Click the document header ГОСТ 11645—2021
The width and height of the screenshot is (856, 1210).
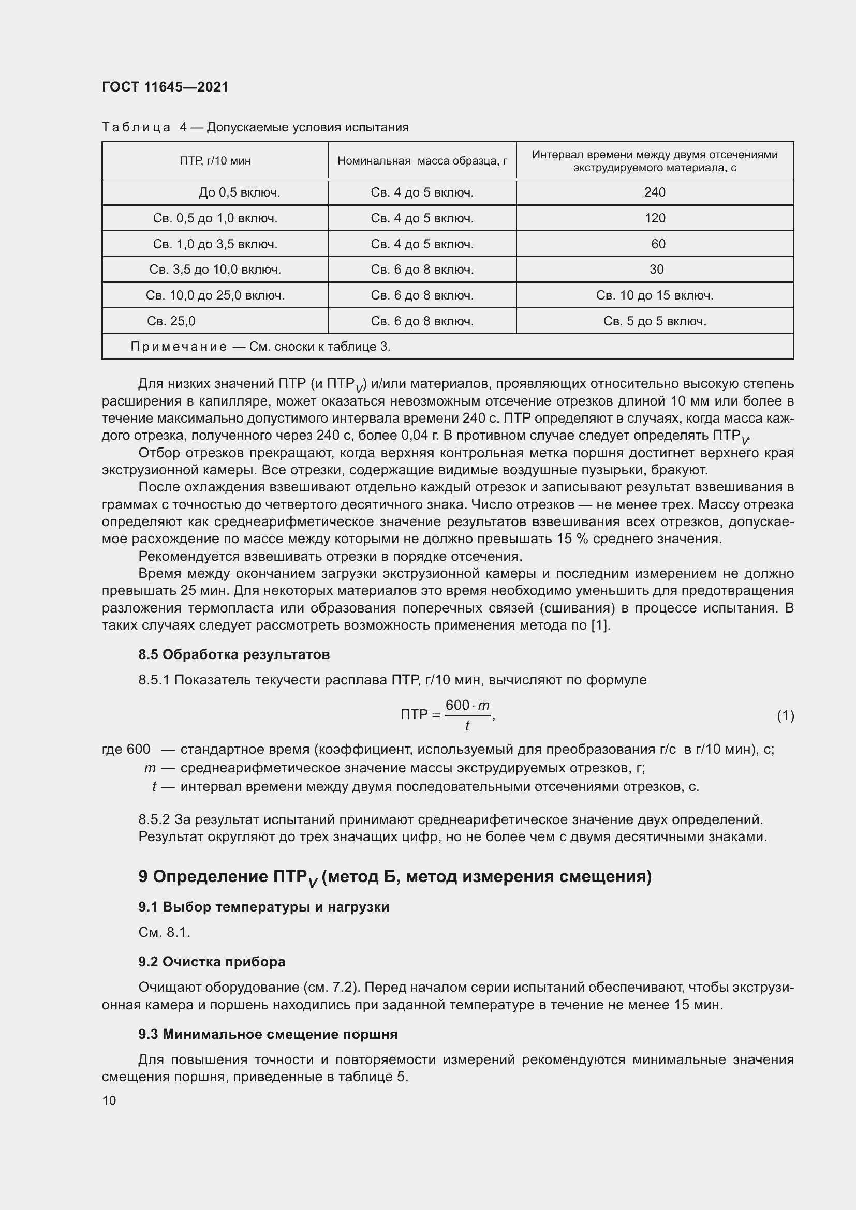(165, 87)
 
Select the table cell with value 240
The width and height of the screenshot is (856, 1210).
(655, 192)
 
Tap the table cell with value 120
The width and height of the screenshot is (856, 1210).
(655, 218)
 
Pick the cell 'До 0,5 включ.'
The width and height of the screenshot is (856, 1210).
(239, 192)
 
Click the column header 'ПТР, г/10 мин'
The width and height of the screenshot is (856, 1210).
(215, 161)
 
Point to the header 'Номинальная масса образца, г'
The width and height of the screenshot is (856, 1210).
(422, 161)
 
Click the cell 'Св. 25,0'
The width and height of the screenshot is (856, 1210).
(171, 321)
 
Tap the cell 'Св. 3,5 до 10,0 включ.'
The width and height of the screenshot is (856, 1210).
(215, 270)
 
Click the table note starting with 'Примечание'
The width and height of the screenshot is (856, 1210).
(260, 347)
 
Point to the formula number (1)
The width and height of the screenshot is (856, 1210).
(785, 715)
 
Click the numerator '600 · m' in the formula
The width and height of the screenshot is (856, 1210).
(467, 705)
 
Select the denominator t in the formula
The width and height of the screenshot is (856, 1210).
(467, 726)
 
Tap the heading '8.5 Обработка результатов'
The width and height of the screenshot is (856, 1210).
(234, 654)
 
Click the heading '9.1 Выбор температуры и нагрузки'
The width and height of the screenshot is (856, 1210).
(263, 907)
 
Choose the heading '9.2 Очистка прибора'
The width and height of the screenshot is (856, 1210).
(212, 962)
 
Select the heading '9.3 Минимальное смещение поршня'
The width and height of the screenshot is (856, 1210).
(268, 1034)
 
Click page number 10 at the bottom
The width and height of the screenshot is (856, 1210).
(109, 1100)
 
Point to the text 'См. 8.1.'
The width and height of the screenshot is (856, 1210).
(164, 932)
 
